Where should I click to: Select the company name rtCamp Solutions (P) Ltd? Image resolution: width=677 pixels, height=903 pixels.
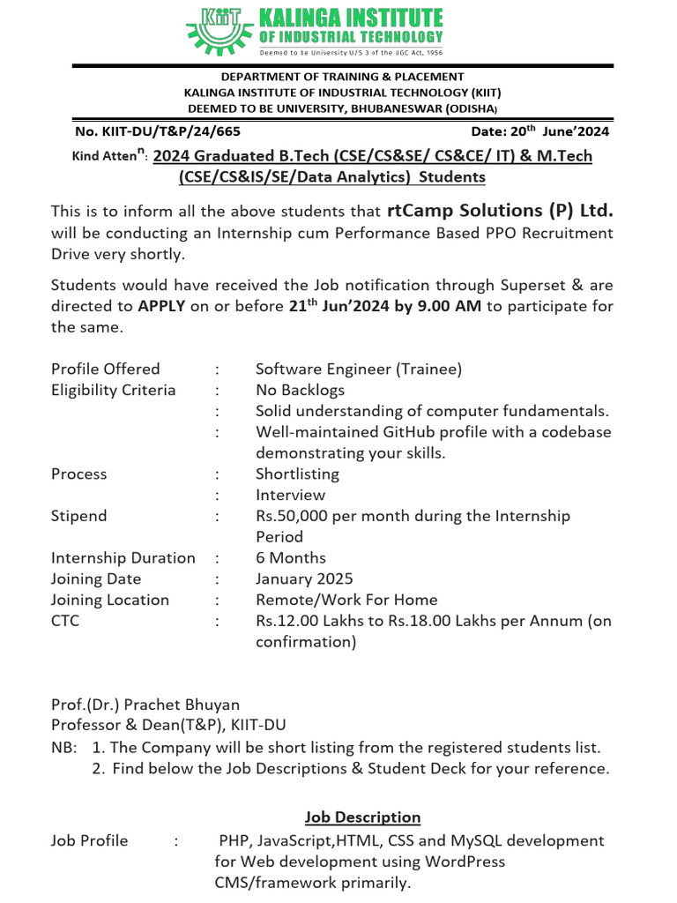click(500, 211)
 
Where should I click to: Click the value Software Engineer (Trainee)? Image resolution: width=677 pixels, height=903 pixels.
click(359, 369)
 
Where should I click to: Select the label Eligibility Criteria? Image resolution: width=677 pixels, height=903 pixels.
click(114, 390)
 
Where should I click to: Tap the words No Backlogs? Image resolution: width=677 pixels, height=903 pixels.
click(300, 390)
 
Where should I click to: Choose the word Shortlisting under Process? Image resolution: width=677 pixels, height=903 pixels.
click(297, 474)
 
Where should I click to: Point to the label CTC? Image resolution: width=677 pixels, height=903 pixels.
click(65, 621)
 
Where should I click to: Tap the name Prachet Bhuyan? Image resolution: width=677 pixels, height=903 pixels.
click(182, 705)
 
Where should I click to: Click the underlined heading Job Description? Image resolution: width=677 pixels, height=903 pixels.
click(362, 817)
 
